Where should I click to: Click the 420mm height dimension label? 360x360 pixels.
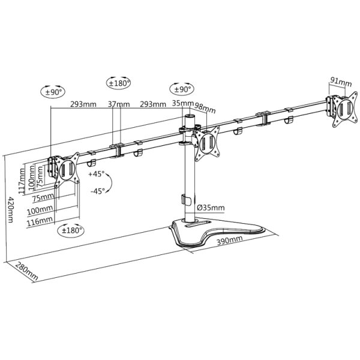click(10, 209)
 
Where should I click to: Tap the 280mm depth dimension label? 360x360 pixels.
click(28, 271)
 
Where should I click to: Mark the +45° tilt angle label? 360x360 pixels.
click(96, 174)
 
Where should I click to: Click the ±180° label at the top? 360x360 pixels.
click(118, 83)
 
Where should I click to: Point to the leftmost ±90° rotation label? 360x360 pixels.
click(54, 92)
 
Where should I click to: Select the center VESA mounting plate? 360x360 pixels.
click(209, 143)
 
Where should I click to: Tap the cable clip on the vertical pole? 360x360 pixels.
click(186, 199)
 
